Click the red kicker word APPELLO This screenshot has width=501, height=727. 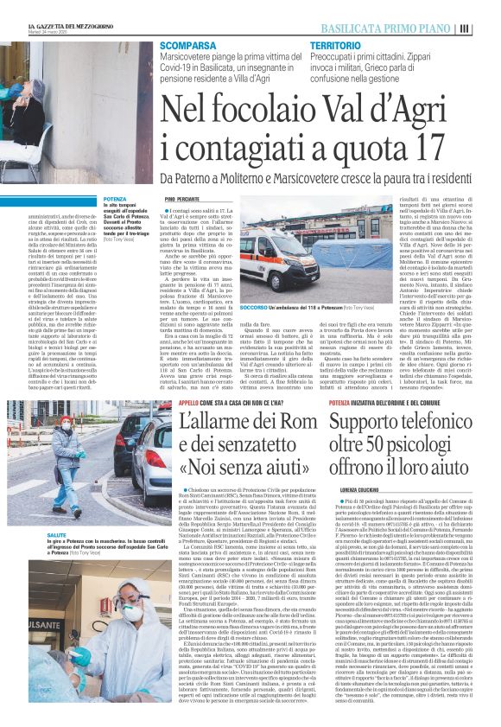pos(188,403)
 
